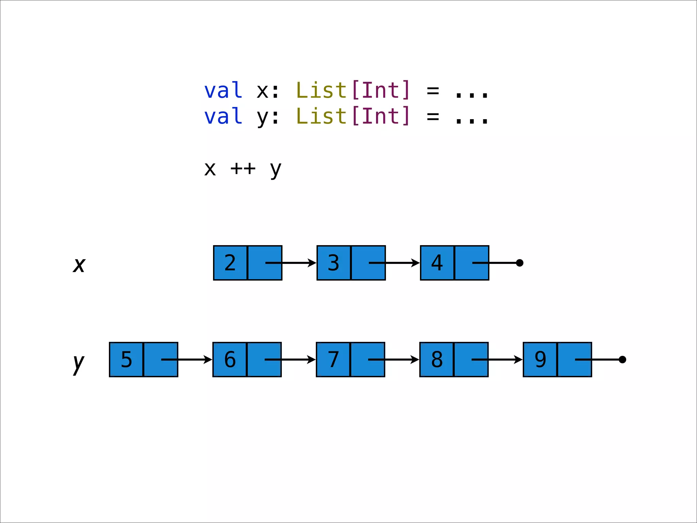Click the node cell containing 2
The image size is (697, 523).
pyautogui.click(x=230, y=263)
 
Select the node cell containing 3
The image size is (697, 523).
pyautogui.click(x=334, y=263)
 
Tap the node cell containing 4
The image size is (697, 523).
pyautogui.click(x=437, y=263)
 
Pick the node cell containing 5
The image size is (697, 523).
pyautogui.click(x=126, y=360)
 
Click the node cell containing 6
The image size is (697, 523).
pyautogui.click(x=230, y=360)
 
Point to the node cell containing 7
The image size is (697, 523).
pyautogui.click(x=333, y=360)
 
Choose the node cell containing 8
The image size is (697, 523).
pyautogui.click(x=437, y=360)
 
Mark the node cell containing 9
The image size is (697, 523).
pyautogui.click(x=540, y=360)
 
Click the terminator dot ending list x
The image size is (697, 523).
pyautogui.click(x=519, y=263)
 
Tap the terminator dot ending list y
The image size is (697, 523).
pyautogui.click(x=622, y=360)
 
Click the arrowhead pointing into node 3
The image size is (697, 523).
pyautogui.click(x=312, y=263)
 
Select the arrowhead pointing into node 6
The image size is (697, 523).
pyautogui.click(x=208, y=360)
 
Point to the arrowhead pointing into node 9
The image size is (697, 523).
pyautogui.click(x=518, y=360)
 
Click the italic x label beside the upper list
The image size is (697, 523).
pyautogui.click(x=79, y=265)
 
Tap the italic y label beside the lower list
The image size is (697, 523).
pyautogui.click(x=79, y=363)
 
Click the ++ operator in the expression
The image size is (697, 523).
pyautogui.click(x=243, y=168)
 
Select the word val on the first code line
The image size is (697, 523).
pyautogui.click(x=223, y=91)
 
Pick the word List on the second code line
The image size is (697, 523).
pyautogui.click(x=321, y=116)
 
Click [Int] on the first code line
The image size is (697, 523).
pyautogui.click(x=381, y=91)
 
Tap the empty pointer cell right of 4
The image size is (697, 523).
pyautogui.click(x=472, y=263)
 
